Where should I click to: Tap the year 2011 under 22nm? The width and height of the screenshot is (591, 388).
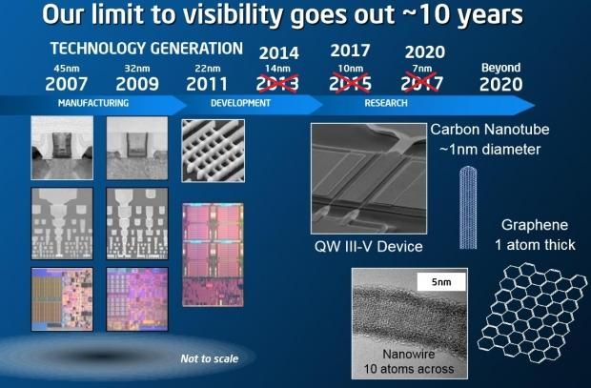(x=208, y=83)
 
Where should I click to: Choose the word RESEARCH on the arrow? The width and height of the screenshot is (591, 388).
(x=386, y=101)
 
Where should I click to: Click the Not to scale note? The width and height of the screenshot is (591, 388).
(x=209, y=358)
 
